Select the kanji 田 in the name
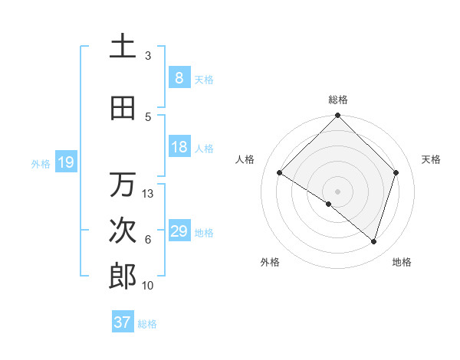[x=123, y=109]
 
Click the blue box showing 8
[x=179, y=78]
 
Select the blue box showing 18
[x=179, y=147]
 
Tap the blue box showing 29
[x=179, y=231]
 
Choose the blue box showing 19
[x=65, y=162]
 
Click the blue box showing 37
[x=122, y=322]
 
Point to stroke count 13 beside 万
[x=148, y=194]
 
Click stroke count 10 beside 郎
[x=148, y=286]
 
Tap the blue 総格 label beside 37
[x=147, y=324]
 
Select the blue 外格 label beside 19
[x=41, y=163]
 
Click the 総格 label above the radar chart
[x=338, y=100]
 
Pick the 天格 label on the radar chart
[x=432, y=159]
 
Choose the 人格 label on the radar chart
[x=245, y=159]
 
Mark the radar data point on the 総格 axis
[x=338, y=116]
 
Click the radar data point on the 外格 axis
[x=329, y=204]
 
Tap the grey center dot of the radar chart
[x=338, y=191]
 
